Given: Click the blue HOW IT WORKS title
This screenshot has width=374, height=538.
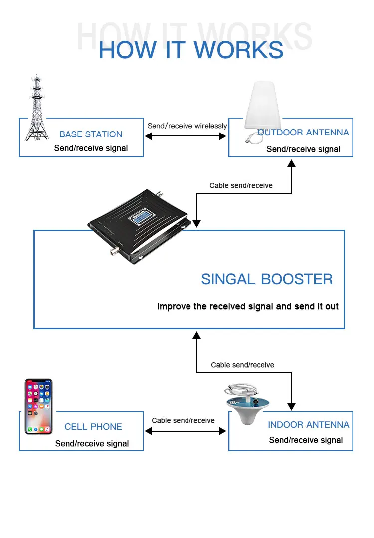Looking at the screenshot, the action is coord(191,50).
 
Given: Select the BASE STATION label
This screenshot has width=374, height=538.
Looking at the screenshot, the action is coord(91,134).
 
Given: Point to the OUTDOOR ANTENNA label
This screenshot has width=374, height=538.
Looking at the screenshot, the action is coord(303,133).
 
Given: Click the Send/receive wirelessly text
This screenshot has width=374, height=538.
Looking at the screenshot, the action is coord(187,126).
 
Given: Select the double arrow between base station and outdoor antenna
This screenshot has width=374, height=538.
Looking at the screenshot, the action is coord(186,136).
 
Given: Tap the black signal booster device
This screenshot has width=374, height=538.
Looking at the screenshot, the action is coord(139,226).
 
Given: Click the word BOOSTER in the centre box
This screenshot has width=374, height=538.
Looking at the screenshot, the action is coord(297,279).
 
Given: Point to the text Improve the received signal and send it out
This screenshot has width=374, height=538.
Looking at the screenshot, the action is coord(248,306).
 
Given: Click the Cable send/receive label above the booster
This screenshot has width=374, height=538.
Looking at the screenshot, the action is coord(241,186).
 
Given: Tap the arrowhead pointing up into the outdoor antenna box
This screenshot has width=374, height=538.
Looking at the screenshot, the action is coord(291,163).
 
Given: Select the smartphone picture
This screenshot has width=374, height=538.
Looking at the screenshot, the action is coord(38,406).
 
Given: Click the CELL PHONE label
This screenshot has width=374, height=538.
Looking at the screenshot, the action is coord(93,427).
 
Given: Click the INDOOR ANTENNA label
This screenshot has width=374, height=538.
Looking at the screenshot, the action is coord(308,425).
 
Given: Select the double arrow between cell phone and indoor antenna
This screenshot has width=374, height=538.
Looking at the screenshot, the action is coord(186,431).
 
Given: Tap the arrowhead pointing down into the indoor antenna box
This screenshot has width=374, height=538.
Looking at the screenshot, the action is coord(291,407).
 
